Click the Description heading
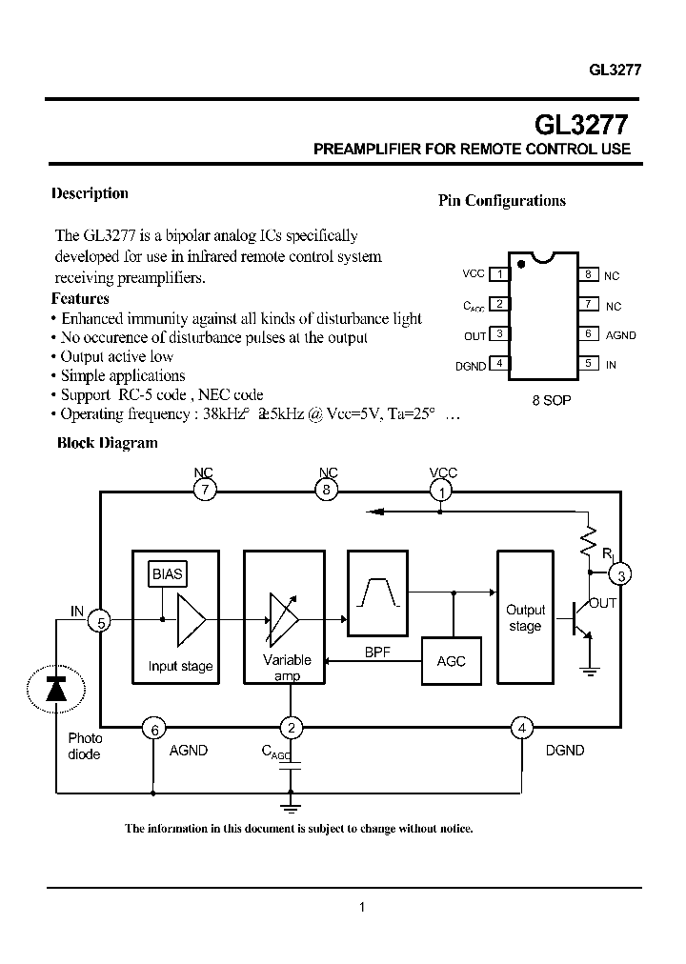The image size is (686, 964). point(90,193)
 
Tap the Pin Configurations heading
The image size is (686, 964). point(501,200)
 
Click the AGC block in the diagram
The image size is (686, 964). point(451,661)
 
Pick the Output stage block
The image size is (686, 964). point(525,618)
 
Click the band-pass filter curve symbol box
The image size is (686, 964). point(378,592)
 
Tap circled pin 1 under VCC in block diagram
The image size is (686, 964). point(442,491)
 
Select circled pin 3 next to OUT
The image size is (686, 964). point(621,574)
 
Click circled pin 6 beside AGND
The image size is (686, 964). point(152,730)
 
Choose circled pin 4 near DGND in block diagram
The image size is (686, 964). point(521,730)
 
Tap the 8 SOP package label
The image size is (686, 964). point(551,400)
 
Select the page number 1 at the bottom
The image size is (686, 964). point(362,908)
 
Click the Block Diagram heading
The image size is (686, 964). point(108,443)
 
